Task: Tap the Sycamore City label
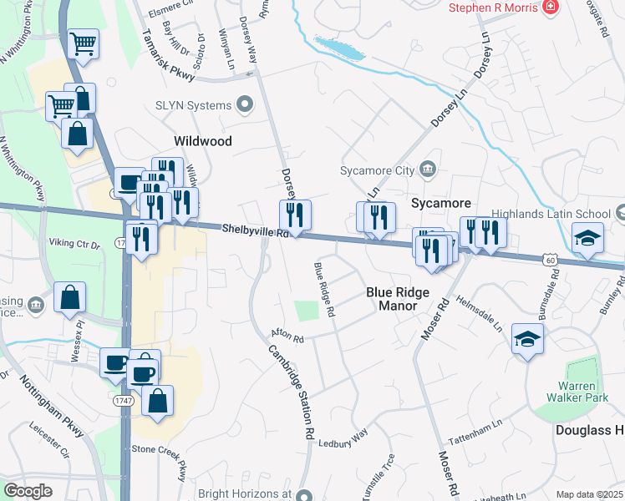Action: coord(377,170)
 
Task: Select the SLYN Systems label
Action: coord(193,105)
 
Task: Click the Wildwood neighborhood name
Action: coord(202,141)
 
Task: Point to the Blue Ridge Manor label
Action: coord(398,299)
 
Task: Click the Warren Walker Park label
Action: coord(578,392)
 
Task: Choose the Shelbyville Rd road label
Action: coord(255,230)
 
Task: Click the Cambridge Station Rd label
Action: coord(292,392)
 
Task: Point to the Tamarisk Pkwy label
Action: coord(169,57)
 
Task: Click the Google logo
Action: coord(28,491)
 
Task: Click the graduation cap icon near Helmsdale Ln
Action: coord(527,339)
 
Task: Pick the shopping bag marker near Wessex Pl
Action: coord(71,296)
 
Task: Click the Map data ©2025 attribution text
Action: coord(589,494)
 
